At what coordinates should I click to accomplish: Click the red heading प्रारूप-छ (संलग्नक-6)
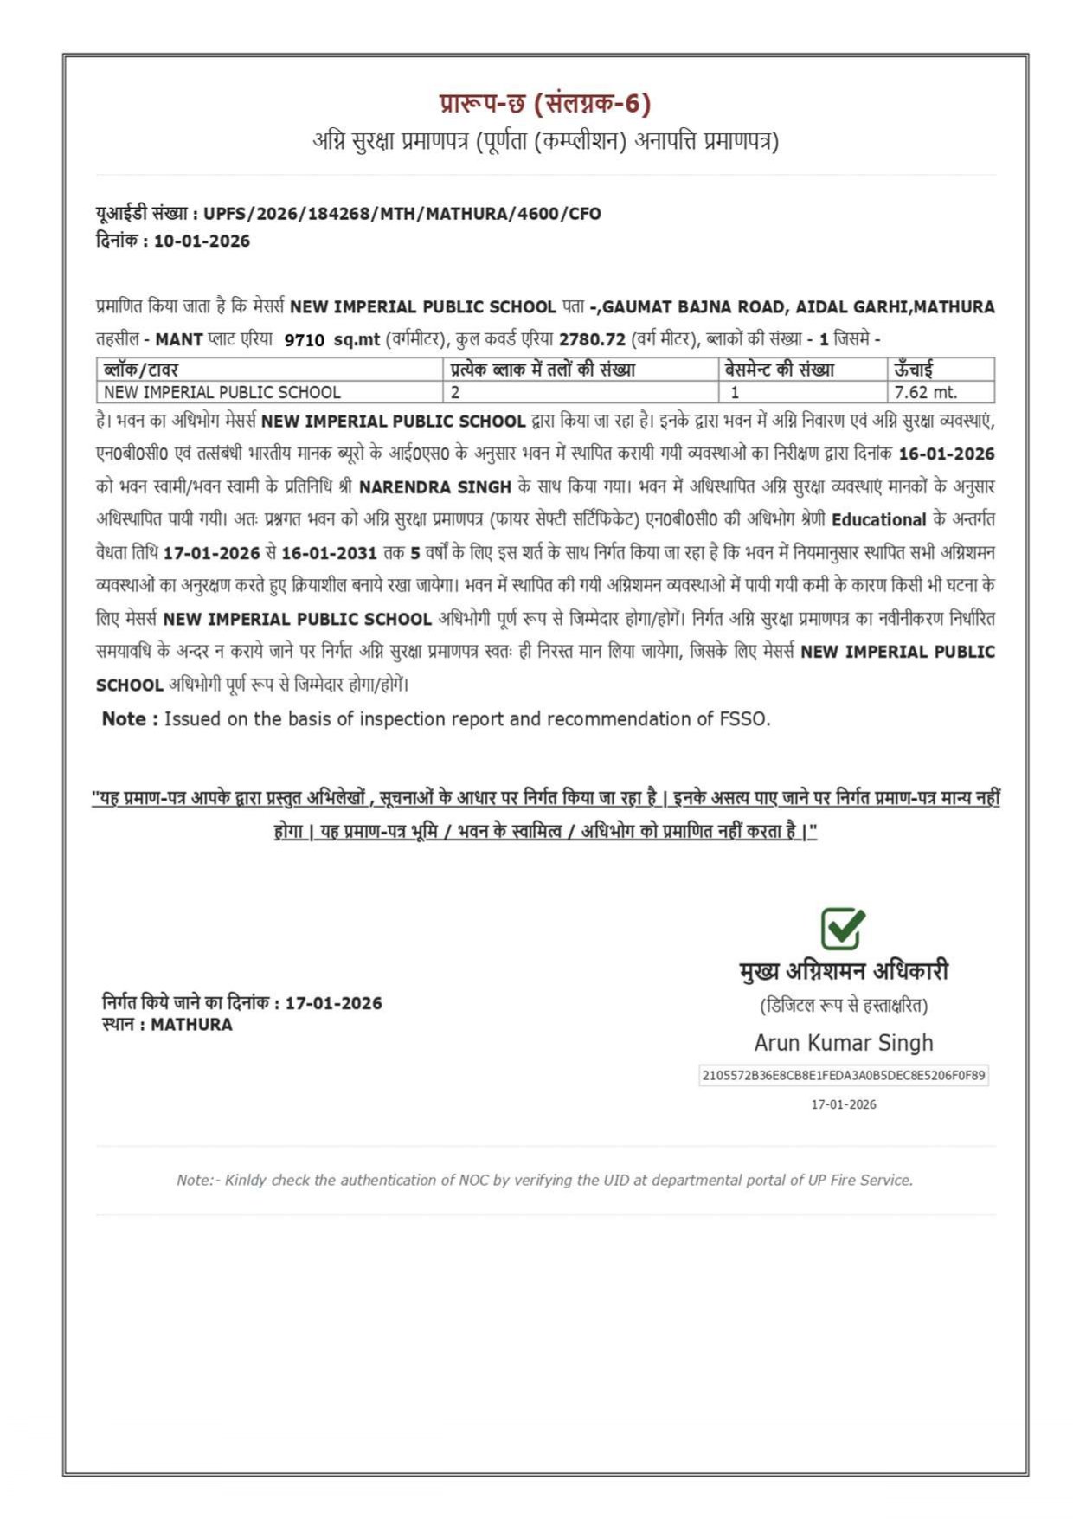point(544,104)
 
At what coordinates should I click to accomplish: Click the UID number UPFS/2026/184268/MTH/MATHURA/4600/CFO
point(402,214)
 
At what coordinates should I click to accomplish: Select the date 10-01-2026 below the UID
point(202,241)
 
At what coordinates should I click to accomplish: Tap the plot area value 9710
point(304,340)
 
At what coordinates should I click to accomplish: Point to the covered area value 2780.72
point(592,339)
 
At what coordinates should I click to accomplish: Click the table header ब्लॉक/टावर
point(140,370)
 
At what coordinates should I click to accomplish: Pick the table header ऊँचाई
point(913,370)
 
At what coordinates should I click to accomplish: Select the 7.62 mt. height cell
point(925,392)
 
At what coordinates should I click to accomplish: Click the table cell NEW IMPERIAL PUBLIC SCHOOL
point(222,392)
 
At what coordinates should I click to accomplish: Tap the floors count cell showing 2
point(455,392)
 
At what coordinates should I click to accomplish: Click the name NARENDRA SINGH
point(434,487)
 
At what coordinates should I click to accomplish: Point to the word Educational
point(878,520)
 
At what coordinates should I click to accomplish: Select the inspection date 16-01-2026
point(947,454)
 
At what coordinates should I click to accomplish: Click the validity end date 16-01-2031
point(329,553)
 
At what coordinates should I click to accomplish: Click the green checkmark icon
point(842,928)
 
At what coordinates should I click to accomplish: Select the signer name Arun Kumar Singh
point(843,1043)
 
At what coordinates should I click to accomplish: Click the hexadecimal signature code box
point(843,1076)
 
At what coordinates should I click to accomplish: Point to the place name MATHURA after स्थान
point(191,1025)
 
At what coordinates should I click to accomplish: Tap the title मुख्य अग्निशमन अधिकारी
point(844,971)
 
